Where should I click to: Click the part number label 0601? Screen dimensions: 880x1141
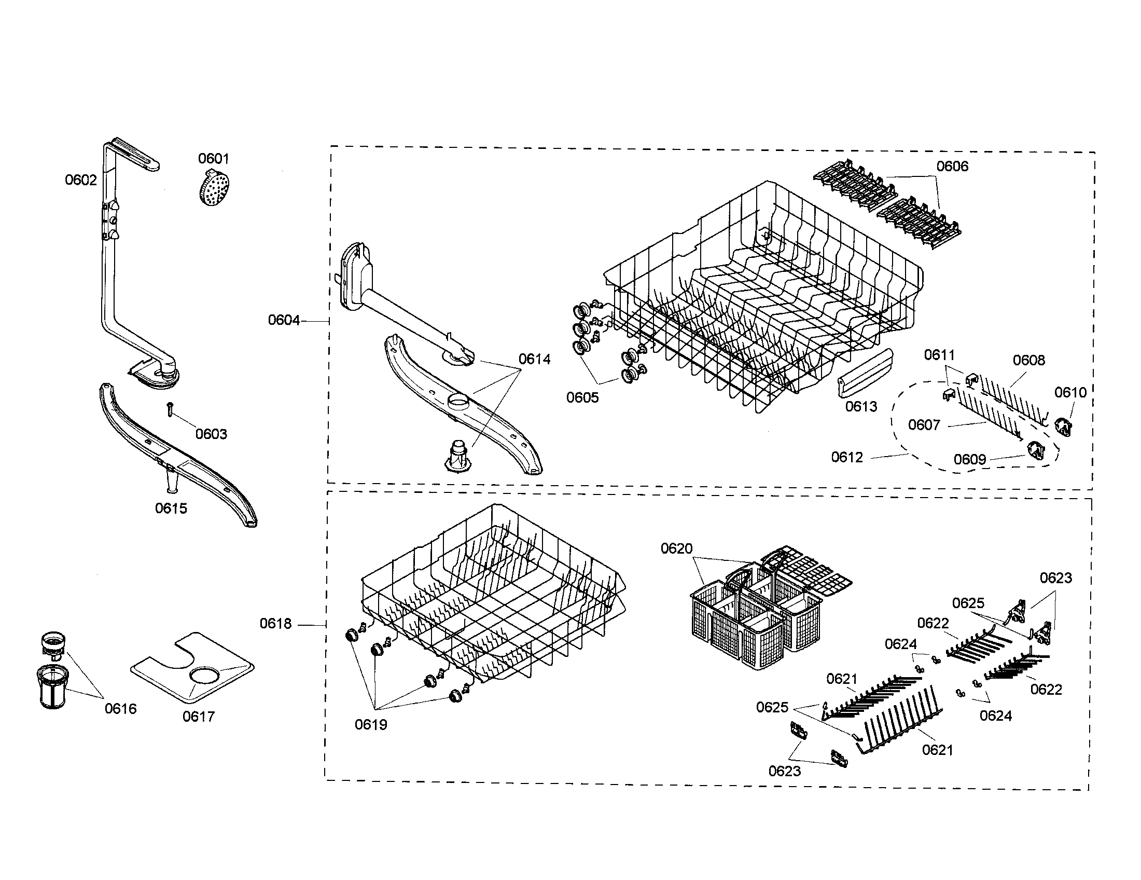[x=213, y=158]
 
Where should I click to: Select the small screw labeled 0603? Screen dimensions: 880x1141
[x=170, y=409]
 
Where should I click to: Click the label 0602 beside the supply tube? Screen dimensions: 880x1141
[x=81, y=180]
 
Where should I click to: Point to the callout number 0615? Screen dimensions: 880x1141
[x=171, y=508]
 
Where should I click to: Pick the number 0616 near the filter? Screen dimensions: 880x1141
[x=121, y=709]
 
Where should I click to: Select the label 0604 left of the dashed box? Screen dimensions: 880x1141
[x=284, y=320]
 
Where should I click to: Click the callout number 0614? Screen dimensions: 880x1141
[x=534, y=359]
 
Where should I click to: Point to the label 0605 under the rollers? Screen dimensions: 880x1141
[x=582, y=397]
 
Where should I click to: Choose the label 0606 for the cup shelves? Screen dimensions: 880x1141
[x=952, y=166]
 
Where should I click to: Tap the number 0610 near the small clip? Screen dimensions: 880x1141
[x=1070, y=392]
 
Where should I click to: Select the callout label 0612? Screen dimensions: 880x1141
[x=847, y=457]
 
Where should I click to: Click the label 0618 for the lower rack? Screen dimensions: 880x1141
[x=276, y=624]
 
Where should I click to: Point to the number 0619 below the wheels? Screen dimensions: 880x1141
[x=371, y=724]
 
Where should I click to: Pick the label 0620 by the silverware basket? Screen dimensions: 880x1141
[x=676, y=548]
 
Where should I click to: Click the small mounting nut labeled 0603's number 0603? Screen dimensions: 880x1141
[x=211, y=434]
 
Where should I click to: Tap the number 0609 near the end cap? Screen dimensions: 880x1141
[x=970, y=459]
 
